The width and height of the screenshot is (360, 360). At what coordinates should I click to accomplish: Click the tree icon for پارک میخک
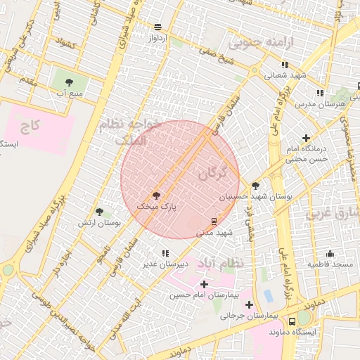click(156, 196)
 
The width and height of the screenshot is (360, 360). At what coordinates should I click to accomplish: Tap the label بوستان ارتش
click(99, 222)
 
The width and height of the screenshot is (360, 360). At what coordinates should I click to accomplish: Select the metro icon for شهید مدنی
click(214, 221)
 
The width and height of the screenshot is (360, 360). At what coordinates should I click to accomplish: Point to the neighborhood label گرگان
click(213, 172)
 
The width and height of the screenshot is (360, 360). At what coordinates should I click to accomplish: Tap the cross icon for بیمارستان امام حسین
click(204, 284)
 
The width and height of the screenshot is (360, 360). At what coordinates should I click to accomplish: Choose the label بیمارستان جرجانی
click(250, 316)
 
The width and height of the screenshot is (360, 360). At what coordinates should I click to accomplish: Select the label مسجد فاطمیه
click(329, 264)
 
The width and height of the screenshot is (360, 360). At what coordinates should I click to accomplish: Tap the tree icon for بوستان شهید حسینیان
click(255, 186)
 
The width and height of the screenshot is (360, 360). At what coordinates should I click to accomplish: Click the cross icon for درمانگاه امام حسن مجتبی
click(306, 139)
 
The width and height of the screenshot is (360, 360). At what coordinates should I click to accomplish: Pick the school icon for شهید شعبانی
click(285, 65)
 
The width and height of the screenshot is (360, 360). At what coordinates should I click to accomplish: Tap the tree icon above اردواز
click(157, 27)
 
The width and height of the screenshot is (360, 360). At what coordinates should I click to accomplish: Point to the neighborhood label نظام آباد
click(219, 262)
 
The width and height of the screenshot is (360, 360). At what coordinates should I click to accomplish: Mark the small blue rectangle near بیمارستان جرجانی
click(268, 295)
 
